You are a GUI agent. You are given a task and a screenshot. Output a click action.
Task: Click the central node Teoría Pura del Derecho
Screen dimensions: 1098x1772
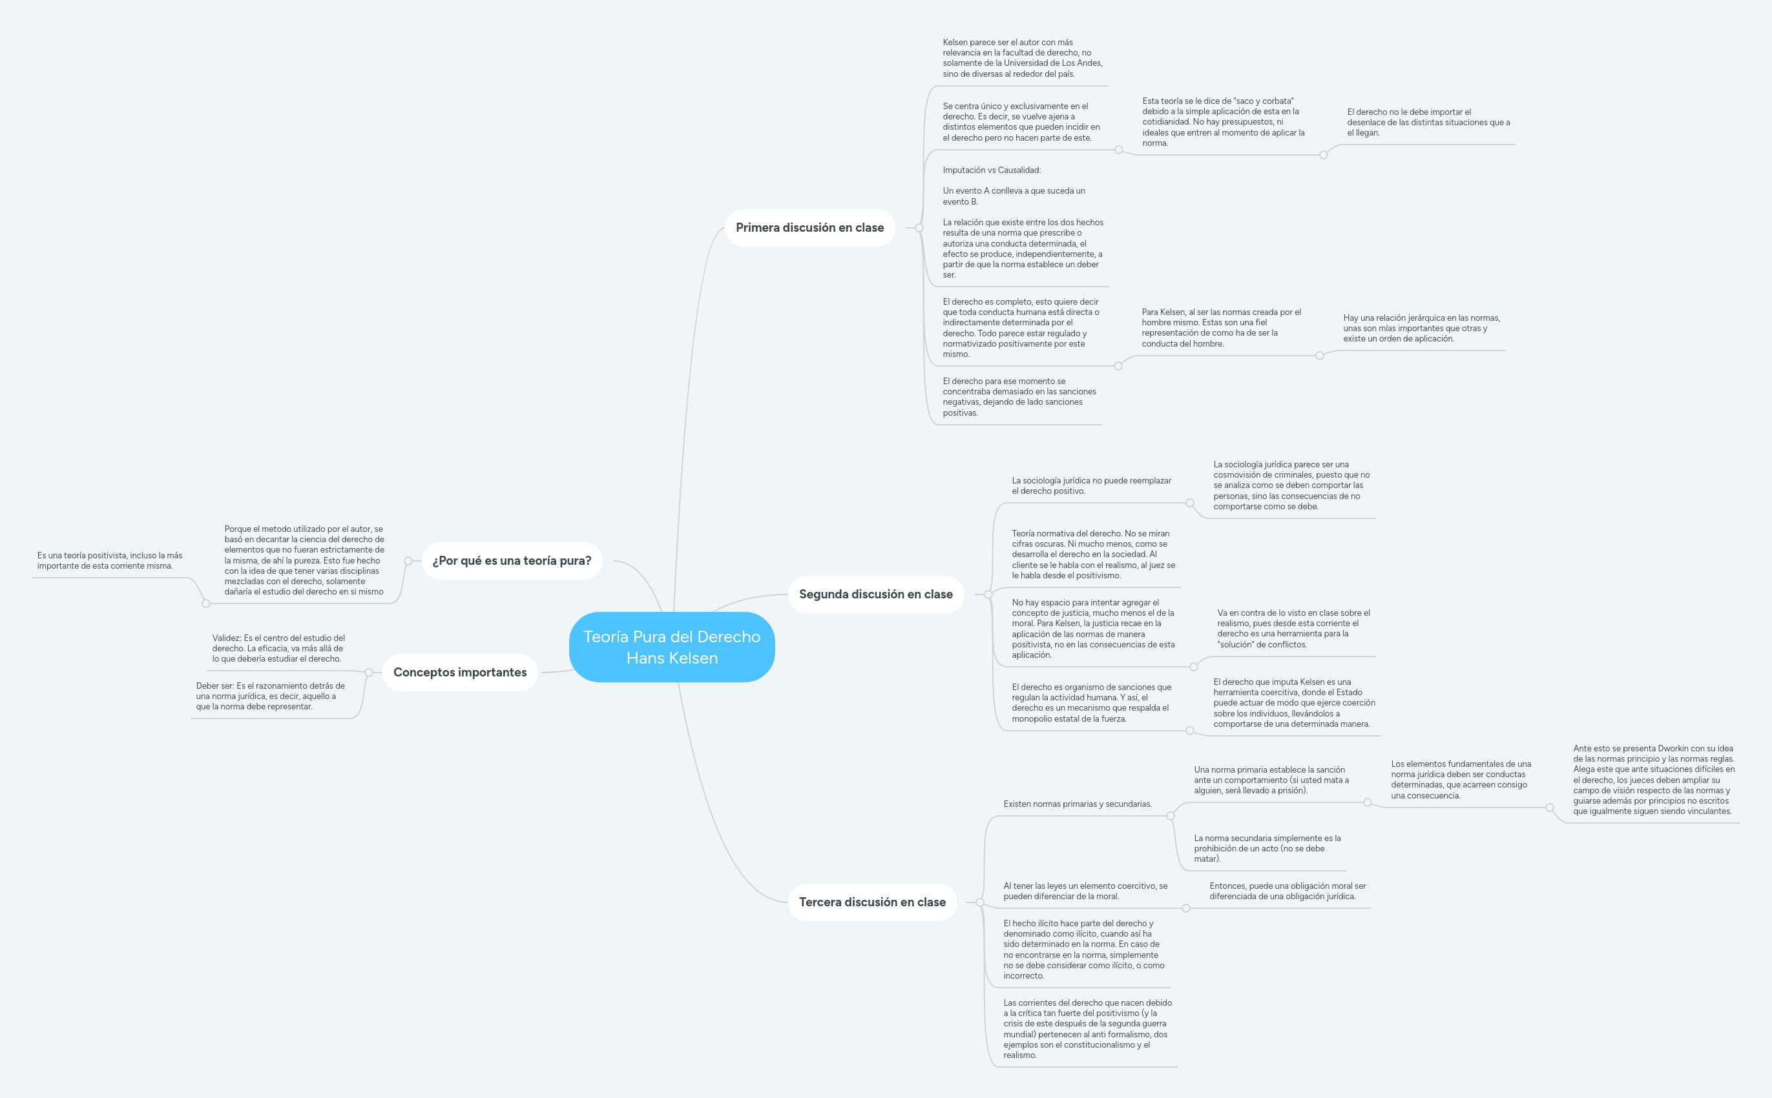click(671, 647)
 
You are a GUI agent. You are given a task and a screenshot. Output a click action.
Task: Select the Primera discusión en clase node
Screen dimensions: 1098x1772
click(809, 228)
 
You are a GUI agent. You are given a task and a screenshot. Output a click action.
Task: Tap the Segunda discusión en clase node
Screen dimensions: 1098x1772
click(875, 594)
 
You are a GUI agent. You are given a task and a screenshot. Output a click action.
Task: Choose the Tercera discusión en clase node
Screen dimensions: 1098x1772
click(872, 902)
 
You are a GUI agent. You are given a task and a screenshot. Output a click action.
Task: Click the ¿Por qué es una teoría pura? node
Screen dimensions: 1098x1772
click(512, 560)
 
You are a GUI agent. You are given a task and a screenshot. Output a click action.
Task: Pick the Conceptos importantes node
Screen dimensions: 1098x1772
click(460, 673)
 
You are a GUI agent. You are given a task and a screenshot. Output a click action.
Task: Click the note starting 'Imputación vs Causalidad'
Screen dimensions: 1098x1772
click(1022, 222)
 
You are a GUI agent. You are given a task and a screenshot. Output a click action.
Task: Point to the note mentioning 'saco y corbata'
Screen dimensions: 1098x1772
click(1223, 122)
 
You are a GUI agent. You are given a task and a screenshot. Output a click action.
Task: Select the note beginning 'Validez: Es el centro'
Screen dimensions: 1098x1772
click(278, 649)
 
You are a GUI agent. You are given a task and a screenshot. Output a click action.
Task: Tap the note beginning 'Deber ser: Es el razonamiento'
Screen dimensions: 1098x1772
click(269, 696)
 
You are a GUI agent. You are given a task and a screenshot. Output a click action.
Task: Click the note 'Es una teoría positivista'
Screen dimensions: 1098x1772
click(110, 560)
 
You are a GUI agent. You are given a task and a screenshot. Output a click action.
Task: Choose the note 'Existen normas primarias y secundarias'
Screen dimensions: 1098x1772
click(1077, 804)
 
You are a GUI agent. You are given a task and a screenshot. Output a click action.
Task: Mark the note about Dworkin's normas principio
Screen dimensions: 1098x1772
click(1653, 780)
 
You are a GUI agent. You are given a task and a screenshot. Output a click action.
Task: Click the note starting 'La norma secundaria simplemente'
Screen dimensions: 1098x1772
click(1267, 848)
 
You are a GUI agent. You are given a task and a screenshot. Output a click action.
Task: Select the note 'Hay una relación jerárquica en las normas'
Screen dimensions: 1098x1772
click(1421, 328)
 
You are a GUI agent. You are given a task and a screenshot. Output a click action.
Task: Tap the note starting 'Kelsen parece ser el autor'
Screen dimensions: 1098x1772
click(1022, 58)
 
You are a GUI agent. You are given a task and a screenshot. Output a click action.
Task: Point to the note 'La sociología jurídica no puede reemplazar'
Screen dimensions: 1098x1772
click(1091, 486)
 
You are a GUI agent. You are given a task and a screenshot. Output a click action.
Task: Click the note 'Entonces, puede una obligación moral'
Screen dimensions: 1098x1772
click(1287, 891)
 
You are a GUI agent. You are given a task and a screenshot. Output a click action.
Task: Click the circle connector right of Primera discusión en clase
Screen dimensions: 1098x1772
click(919, 228)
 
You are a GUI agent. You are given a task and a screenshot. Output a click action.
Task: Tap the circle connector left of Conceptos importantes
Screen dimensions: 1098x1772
click(368, 673)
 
